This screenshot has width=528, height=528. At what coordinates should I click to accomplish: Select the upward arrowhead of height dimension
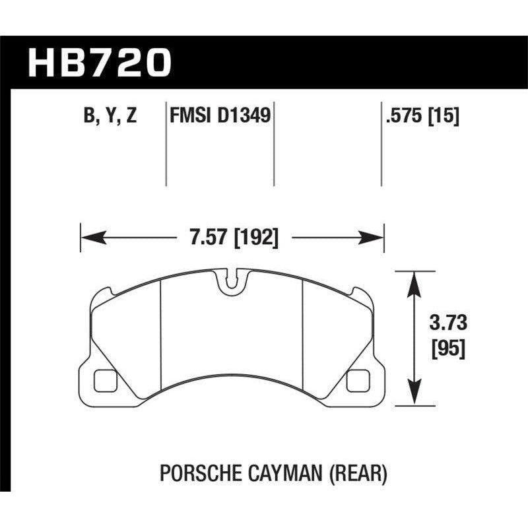414,280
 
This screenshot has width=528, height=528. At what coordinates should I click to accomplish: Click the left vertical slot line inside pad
162,330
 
